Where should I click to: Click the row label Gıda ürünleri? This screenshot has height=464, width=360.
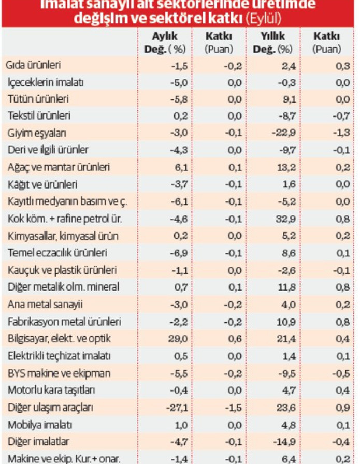coord(34,65)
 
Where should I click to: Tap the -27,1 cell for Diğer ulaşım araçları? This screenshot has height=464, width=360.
coord(175,407)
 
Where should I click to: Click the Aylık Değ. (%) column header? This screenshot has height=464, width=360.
coord(164,43)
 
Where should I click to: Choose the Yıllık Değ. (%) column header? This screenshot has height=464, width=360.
coord(272,43)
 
